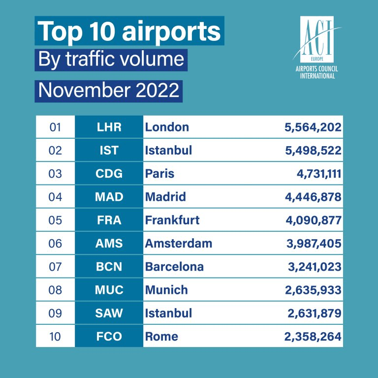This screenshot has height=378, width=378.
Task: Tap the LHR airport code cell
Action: pyautogui.click(x=109, y=127)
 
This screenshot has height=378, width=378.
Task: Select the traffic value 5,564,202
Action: pyautogui.click(x=313, y=127)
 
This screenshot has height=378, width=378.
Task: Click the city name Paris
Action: pyautogui.click(x=159, y=174)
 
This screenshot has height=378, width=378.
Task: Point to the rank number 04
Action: pyautogui.click(x=55, y=197)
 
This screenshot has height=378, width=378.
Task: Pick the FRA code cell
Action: pyautogui.click(x=109, y=220)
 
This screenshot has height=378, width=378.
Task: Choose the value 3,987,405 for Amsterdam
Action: pyautogui.click(x=313, y=243)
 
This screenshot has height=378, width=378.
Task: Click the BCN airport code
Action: pyautogui.click(x=109, y=267)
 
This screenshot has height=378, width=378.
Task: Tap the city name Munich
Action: pyautogui.click(x=166, y=290)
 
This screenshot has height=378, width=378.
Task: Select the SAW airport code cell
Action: pyautogui.click(x=109, y=313)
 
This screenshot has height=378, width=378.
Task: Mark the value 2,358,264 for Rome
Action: pyautogui.click(x=313, y=337)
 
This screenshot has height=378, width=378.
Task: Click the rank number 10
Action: pyautogui.click(x=55, y=337)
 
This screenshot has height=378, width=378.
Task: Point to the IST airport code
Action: pyautogui.click(x=109, y=150)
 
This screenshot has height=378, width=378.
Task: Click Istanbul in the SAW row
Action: pyautogui.click(x=168, y=313)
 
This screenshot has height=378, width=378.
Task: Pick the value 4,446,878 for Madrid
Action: pyautogui.click(x=313, y=197)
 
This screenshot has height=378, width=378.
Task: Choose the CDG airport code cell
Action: pyautogui.click(x=109, y=174)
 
